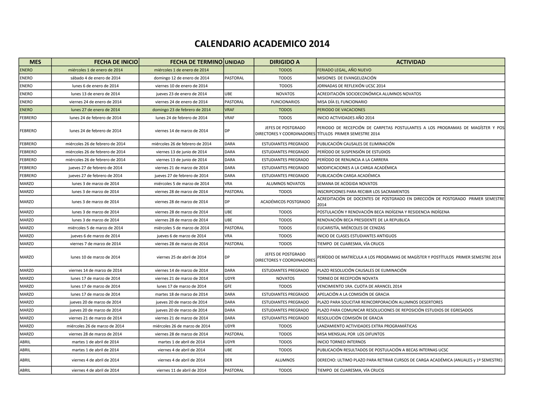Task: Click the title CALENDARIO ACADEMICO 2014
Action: point(262,44)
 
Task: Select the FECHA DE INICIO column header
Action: point(116,62)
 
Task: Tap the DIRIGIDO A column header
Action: point(285,62)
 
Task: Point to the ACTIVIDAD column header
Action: point(411,62)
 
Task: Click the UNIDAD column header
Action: point(234,62)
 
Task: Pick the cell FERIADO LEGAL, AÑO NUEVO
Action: point(344,70)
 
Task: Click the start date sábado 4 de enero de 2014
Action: point(95,78)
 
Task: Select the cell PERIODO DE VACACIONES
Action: point(341,110)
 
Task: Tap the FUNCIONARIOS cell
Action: point(285,102)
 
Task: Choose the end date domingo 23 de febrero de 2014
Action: point(181,110)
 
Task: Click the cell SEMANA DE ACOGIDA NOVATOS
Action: point(347,184)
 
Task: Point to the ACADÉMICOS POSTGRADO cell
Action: point(285,202)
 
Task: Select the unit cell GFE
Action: point(228,286)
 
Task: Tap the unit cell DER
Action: point(228,360)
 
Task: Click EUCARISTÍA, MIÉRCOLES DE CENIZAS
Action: point(351,228)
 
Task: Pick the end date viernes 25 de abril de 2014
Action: point(181,257)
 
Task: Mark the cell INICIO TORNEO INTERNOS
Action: point(341,342)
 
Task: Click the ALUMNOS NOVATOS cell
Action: point(286,184)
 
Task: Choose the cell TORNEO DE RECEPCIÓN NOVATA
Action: point(347,278)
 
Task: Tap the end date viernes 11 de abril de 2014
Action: point(181,370)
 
